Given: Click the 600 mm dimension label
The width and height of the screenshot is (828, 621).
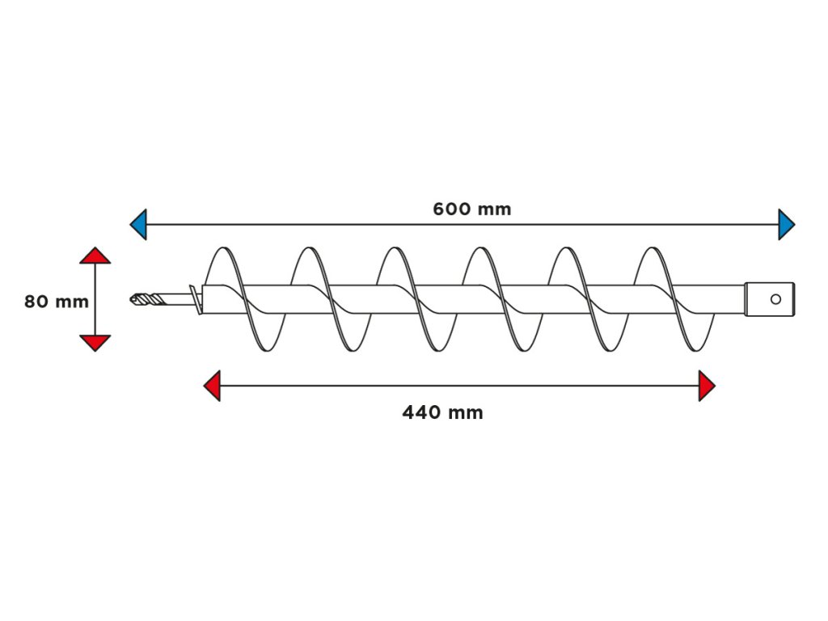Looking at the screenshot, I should pos(472,209).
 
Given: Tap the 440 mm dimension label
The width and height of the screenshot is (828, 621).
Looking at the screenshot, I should pos(442,413).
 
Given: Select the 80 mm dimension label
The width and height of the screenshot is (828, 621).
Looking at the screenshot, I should pos(56,302).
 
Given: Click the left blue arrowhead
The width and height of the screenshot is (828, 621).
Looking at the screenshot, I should pos(138,224).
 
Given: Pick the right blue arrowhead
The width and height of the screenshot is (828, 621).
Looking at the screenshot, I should pos(786,224).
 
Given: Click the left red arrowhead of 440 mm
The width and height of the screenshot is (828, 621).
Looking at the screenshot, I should pos(212,386).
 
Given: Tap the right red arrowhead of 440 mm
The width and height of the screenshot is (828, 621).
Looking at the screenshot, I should pos(707,386).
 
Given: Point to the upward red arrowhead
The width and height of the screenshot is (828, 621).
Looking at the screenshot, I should pos(95,256).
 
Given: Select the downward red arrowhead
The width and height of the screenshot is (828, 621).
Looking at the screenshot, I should pos(95,343).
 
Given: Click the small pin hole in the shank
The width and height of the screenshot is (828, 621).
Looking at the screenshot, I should pos(775,299).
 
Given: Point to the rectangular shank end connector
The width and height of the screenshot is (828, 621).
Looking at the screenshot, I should pos(769,299).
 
